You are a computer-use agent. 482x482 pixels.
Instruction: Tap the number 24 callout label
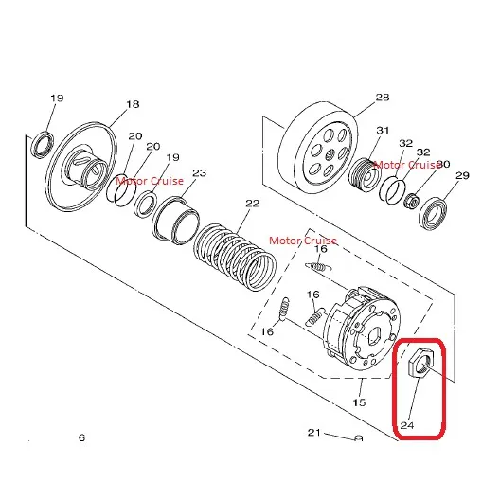tap(407, 425)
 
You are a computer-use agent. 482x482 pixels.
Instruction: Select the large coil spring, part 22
tap(235, 257)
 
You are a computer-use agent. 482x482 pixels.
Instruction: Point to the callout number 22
tap(253, 204)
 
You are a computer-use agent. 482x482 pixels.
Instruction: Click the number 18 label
tap(133, 104)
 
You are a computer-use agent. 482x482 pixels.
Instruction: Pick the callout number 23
tap(200, 173)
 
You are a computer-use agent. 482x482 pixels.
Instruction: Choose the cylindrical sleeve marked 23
tap(175, 221)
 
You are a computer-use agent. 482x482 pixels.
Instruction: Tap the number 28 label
tap(383, 98)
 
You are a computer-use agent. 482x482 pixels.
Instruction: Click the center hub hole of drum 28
tap(330, 155)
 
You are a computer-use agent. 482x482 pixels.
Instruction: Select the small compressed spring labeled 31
tap(363, 175)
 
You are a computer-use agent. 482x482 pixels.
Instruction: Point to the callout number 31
tap(383, 130)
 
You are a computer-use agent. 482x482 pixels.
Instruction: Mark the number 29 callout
tap(462, 175)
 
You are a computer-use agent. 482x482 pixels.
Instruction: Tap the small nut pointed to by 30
tap(412, 201)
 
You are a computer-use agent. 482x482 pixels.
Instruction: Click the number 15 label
tap(359, 402)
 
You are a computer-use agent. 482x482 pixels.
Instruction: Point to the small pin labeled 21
tap(359, 438)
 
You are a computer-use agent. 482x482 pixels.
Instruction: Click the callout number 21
tap(314, 432)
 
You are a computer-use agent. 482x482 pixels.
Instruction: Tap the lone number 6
tap(81, 437)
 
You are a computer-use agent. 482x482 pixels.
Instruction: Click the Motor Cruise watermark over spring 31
tap(406, 165)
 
